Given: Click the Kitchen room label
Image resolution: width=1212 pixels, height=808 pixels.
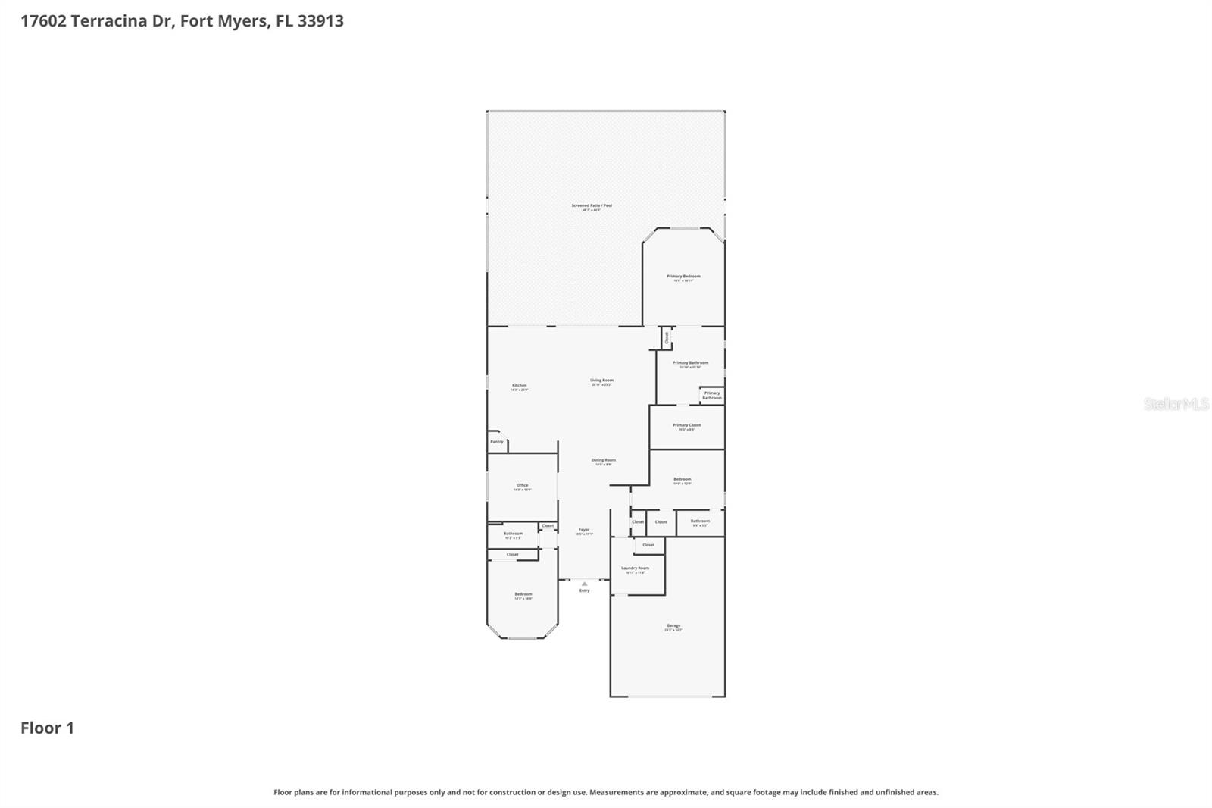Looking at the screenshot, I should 519,386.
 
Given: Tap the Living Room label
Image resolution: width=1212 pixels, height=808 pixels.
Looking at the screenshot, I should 602,381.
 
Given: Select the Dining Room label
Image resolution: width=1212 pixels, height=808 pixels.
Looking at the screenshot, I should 604,460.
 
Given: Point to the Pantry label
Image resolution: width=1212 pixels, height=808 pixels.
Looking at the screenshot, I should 497,441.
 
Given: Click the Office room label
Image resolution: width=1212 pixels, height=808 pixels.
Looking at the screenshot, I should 523,485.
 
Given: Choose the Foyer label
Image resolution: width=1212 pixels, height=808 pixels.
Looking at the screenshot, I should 584,530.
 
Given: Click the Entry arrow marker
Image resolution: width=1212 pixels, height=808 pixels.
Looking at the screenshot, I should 584,584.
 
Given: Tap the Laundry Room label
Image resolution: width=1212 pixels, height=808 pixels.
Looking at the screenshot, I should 635,568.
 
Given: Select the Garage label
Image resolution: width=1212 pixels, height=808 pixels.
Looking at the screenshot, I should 673,626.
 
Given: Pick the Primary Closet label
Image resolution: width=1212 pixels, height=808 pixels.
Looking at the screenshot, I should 687,425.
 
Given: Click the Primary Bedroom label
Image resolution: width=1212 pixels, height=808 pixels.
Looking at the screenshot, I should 683,277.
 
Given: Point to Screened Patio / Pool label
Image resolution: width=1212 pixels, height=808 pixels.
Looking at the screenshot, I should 592,205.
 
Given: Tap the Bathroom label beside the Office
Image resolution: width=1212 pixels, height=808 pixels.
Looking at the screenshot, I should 514,533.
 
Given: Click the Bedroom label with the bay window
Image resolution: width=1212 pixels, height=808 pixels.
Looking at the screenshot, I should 523,594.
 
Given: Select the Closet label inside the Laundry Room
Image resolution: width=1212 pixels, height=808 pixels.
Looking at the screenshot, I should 648,545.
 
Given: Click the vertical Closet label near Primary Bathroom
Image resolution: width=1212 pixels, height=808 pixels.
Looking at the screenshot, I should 667,337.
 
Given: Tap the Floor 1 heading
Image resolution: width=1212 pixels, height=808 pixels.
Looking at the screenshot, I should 47,728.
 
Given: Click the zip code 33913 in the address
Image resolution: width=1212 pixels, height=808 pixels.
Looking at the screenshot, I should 320,21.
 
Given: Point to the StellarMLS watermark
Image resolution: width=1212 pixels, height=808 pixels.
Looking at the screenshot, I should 1176,404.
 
